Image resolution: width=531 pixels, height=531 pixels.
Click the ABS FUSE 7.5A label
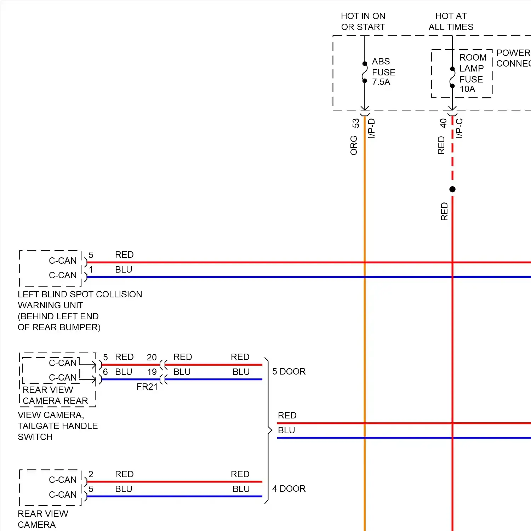pyautogui.click(x=383, y=72)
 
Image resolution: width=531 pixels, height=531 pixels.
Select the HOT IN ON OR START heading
pyautogui.click(x=363, y=22)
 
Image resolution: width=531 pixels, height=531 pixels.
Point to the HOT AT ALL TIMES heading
pyautogui.click(x=451, y=22)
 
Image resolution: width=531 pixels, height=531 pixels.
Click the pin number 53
pyautogui.click(x=356, y=123)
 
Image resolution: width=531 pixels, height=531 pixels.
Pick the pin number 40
pyautogui.click(x=443, y=123)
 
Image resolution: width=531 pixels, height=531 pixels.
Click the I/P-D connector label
pyautogui.click(x=371, y=128)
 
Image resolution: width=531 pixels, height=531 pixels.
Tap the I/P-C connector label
pyautogui.click(x=459, y=128)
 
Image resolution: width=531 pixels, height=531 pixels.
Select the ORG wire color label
pyautogui.click(x=354, y=145)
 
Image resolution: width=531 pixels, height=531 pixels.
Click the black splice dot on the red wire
pyautogui.click(x=452, y=189)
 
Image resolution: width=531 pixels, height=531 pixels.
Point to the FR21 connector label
pyautogui.click(x=147, y=387)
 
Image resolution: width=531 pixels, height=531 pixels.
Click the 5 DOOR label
pyautogui.click(x=289, y=371)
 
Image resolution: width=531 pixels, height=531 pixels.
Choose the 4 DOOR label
pyautogui.click(x=289, y=489)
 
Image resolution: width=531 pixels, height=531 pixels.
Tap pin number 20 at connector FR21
pyautogui.click(x=152, y=357)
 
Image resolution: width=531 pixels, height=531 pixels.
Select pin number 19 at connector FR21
pyautogui.click(x=152, y=372)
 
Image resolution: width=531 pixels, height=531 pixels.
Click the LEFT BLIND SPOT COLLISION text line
pyautogui.click(x=80, y=294)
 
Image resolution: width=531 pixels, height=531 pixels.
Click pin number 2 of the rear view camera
pyautogui.click(x=91, y=474)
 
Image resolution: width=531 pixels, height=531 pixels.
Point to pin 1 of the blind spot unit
pyautogui.click(x=91, y=270)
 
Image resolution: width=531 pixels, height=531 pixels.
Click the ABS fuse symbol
pyautogui.click(x=365, y=72)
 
